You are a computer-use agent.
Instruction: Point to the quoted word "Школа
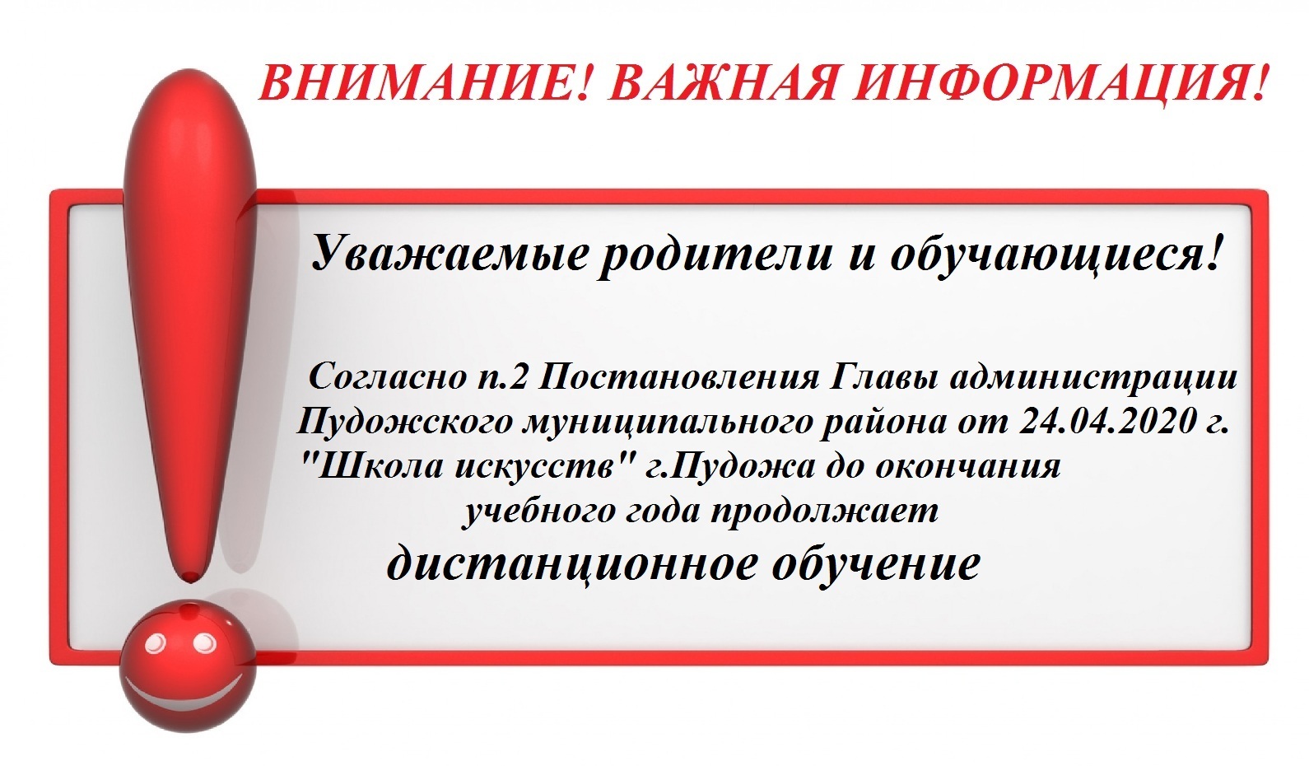(370, 466)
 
